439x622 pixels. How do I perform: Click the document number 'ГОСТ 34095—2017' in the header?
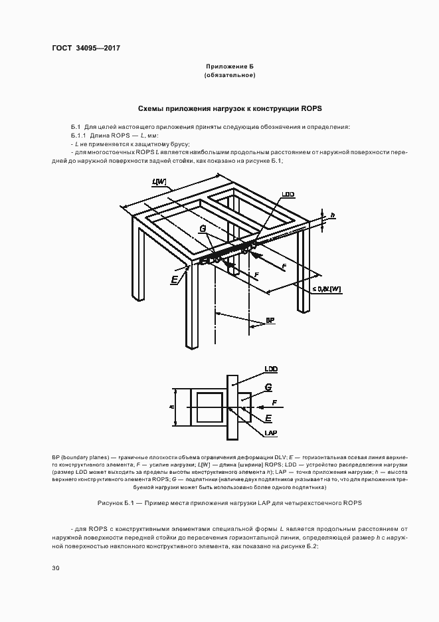(86, 49)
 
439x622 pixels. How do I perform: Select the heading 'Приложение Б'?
(230, 67)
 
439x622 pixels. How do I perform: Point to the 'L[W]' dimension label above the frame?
(159, 182)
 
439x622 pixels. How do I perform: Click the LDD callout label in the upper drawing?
(288, 194)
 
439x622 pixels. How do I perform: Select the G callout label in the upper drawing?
(203, 228)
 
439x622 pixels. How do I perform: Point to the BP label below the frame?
(270, 321)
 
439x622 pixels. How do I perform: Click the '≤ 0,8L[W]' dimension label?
(326, 289)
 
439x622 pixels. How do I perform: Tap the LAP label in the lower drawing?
(270, 433)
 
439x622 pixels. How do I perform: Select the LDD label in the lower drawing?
(270, 368)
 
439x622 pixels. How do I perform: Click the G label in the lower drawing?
(268, 387)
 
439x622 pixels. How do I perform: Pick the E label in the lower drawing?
(268, 417)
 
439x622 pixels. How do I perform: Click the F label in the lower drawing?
(275, 403)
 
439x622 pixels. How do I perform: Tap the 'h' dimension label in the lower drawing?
(171, 407)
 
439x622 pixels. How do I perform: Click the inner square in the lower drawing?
(211, 407)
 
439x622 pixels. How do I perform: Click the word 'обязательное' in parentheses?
(230, 76)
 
